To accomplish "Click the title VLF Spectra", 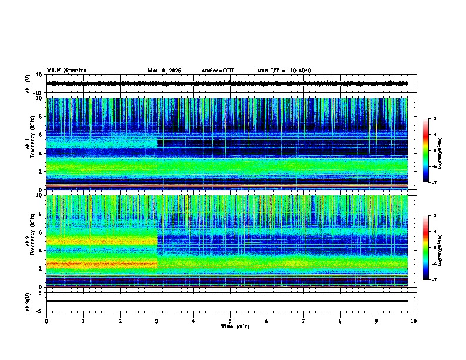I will coord(66,71).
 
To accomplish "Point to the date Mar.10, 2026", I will coord(164,71).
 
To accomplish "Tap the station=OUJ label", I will coord(218,71).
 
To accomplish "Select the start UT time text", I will coord(284,71).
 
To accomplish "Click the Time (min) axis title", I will coord(235,326).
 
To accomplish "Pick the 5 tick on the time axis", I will coord(230,321).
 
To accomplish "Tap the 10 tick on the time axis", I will coord(414,321).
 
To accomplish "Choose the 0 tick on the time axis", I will coord(46,321).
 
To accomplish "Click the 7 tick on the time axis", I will coord(304,321).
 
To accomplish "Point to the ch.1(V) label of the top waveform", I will coord(28,84).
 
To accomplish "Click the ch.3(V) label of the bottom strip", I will coord(28,301).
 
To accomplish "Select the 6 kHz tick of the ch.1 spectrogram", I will coord(41,135).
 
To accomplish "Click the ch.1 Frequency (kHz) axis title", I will coord(28,144).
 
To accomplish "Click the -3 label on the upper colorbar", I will coord(434,119).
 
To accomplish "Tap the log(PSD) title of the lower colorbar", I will coord(441,248).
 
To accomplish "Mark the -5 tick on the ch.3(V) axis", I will coord(40,310).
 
